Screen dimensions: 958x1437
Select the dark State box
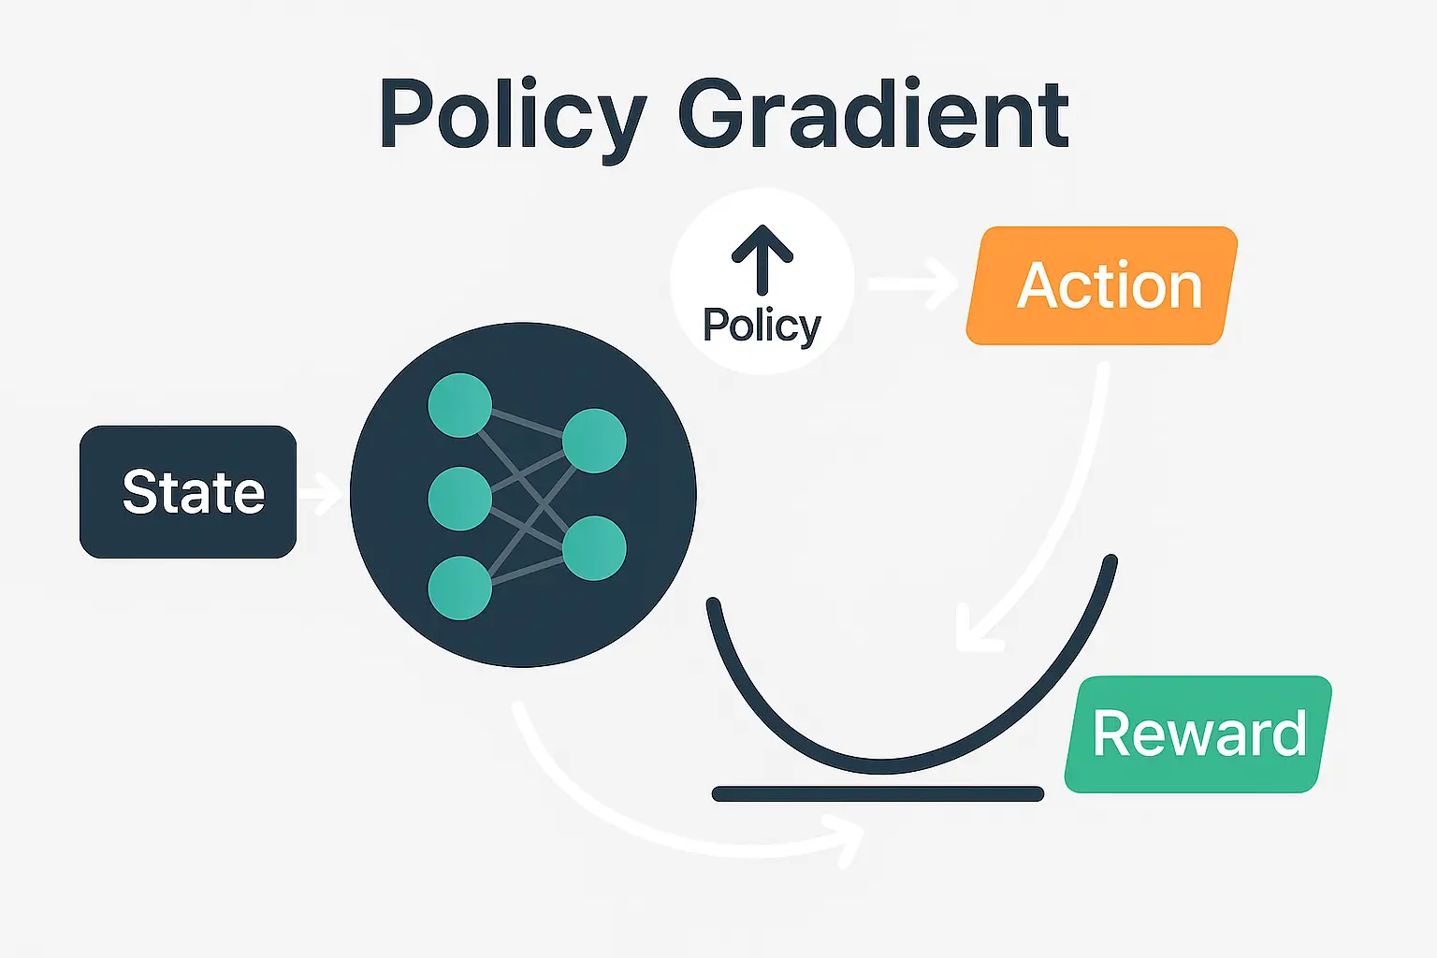(188, 492)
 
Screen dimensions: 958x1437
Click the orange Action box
(1102, 285)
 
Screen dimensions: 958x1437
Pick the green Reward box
(1198, 734)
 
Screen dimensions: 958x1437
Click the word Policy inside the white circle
(762, 326)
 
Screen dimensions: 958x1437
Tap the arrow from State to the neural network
(321, 493)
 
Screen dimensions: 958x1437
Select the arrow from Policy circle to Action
(912, 283)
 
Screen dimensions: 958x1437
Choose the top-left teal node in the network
(459, 405)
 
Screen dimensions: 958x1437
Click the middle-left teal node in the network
(459, 499)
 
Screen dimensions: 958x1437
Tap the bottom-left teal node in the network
(459, 588)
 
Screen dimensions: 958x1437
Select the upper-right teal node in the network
(594, 441)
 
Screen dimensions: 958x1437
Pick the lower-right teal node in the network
(594, 547)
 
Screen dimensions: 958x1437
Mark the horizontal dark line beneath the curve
(878, 794)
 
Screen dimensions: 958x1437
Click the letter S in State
(140, 492)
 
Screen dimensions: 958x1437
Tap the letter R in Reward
(1113, 734)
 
